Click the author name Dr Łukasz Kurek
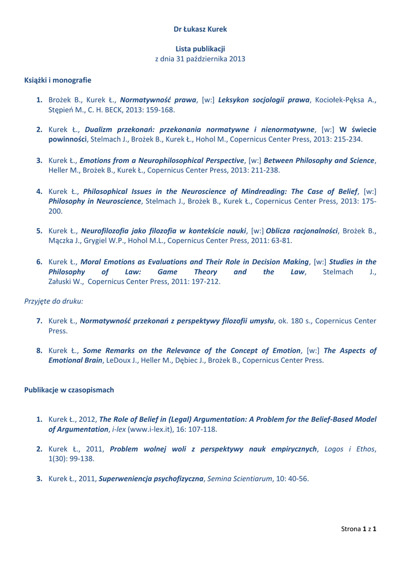click(x=200, y=29)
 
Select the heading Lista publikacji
click(x=200, y=49)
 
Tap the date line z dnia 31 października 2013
click(x=200, y=59)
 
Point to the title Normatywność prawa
click(x=158, y=100)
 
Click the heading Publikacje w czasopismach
click(x=69, y=390)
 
